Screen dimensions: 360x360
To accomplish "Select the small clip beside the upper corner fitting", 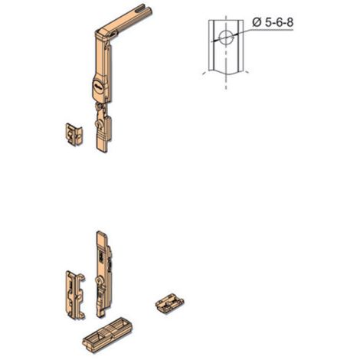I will tap(72, 133).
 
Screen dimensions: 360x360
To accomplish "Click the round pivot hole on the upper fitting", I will tap(99, 123).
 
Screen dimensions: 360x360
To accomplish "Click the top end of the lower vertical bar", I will tap(99, 234).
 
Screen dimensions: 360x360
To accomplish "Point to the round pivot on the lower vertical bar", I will tap(100, 284).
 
